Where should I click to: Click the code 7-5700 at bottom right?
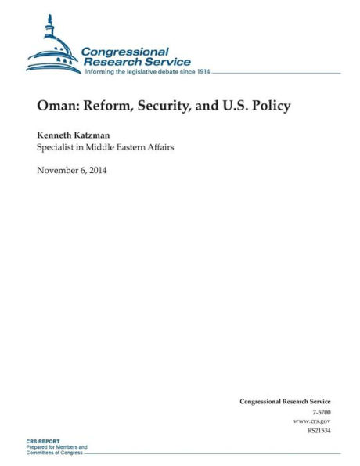pyautogui.click(x=320, y=411)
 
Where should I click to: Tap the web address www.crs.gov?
pyautogui.click(x=314, y=421)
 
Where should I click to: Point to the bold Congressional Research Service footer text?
pyautogui.click(x=285, y=401)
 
